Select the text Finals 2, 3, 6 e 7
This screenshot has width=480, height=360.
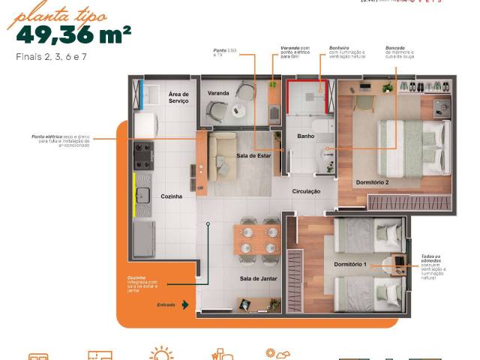coord(49,57)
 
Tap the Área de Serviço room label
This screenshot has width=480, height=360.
coord(178,97)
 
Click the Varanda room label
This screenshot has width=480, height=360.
coord(218,94)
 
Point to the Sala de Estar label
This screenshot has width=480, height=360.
coord(253,155)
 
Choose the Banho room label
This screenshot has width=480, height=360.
coord(305,136)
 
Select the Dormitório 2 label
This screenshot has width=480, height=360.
coord(371,182)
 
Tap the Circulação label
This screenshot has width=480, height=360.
coord(306,192)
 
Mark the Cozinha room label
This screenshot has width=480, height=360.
coord(172,196)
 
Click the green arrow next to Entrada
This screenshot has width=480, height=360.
coord(184,304)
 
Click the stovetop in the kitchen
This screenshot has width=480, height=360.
coord(143,155)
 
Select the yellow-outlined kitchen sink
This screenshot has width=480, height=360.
coord(142,195)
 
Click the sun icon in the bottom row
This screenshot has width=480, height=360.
coord(160,354)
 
